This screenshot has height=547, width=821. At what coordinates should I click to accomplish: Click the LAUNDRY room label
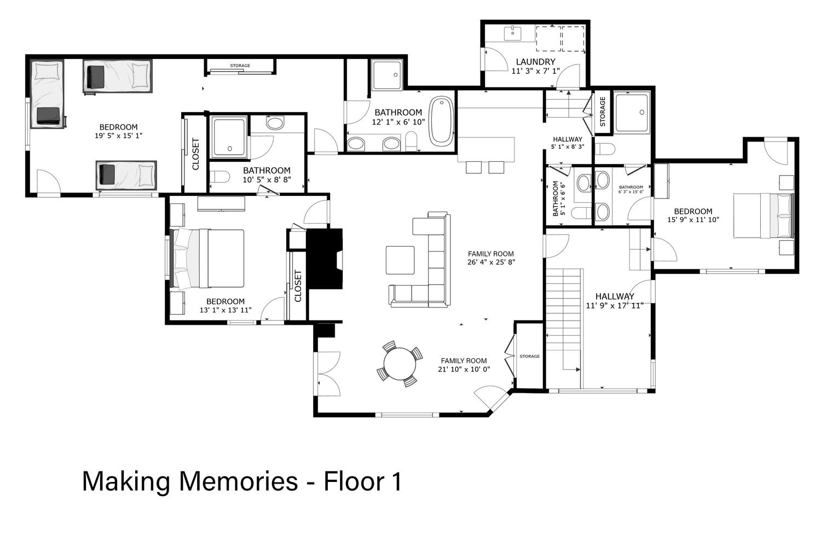tap(535, 62)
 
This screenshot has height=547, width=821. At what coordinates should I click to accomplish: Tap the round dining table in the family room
tap(400, 364)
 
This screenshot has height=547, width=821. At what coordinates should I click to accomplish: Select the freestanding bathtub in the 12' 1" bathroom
tap(441, 120)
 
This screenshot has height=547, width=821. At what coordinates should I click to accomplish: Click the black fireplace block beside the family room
tap(324, 259)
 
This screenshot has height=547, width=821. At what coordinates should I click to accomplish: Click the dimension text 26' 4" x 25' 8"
tap(491, 262)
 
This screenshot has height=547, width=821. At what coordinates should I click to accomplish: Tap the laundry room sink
tap(513, 33)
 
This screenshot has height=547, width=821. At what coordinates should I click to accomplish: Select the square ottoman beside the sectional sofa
tap(400, 260)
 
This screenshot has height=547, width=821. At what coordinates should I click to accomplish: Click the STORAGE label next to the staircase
tap(529, 356)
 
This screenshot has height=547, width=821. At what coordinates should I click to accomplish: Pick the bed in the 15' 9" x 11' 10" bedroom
tap(764, 216)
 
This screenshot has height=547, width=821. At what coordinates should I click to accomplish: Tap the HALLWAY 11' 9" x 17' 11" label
tap(615, 301)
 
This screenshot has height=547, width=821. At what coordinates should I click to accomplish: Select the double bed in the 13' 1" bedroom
tap(207, 258)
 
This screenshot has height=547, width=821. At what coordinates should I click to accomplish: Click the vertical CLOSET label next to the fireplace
tap(298, 286)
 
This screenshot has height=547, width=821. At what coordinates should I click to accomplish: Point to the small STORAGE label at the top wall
tap(240, 66)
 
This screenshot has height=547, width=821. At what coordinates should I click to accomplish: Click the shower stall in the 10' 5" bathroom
tap(229, 137)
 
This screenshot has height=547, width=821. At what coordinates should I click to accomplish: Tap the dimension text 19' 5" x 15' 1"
tap(118, 136)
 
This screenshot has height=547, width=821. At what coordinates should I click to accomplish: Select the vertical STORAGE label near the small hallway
tap(603, 112)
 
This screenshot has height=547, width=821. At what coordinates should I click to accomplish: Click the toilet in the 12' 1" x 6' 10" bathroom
tap(411, 141)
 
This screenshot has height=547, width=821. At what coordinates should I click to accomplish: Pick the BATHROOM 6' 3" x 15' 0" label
tap(631, 189)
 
